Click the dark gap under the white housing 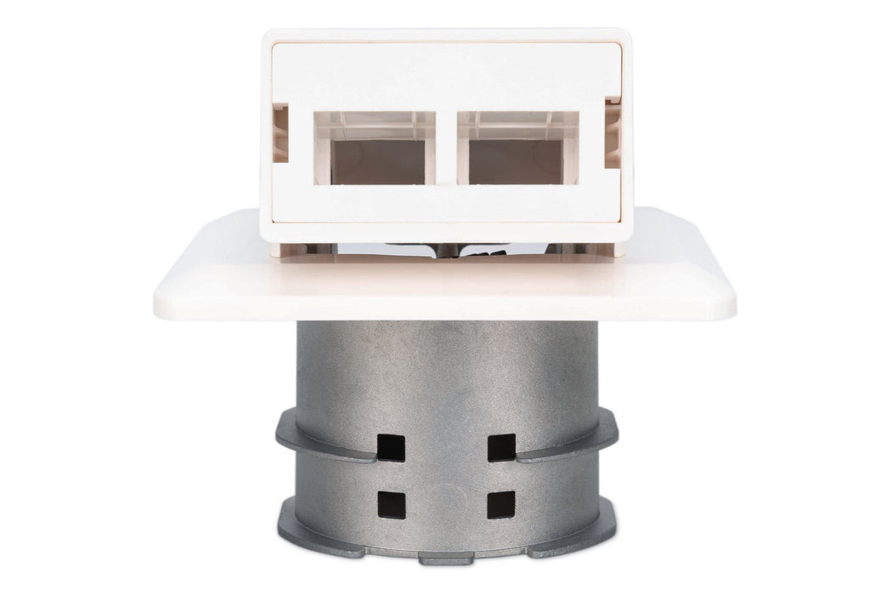pos(446,247)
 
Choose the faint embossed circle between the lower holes pos(447,497)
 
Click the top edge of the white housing pos(446,34)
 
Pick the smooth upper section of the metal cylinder pos(446,365)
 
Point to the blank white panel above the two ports pos(446,76)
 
